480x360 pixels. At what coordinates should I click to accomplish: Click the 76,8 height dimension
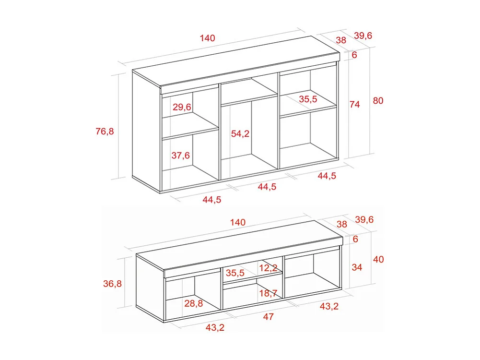pyautogui.click(x=105, y=131)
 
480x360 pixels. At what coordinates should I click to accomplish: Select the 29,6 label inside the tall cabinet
pyautogui.click(x=182, y=107)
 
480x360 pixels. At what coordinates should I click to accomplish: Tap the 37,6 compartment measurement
pyautogui.click(x=181, y=155)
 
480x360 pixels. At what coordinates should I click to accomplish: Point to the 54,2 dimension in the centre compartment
pyautogui.click(x=240, y=134)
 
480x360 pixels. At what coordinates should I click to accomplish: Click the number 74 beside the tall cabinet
pyautogui.click(x=354, y=104)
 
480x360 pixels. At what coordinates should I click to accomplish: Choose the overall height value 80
pyautogui.click(x=378, y=101)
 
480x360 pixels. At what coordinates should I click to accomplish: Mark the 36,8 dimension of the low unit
pyautogui.click(x=113, y=284)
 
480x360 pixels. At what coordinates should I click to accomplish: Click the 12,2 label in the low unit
pyautogui.click(x=269, y=268)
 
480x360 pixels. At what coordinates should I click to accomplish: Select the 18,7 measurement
pyautogui.click(x=269, y=293)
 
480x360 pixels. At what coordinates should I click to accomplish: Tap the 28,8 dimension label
pyautogui.click(x=193, y=303)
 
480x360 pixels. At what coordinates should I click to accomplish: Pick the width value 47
pyautogui.click(x=269, y=317)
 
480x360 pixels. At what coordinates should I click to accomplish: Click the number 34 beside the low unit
pyautogui.click(x=357, y=267)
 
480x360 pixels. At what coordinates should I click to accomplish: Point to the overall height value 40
pyautogui.click(x=378, y=260)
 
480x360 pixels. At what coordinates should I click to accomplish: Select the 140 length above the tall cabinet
pyautogui.click(x=207, y=38)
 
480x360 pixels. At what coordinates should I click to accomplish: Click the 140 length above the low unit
pyautogui.click(x=237, y=222)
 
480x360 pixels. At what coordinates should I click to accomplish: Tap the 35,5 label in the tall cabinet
pyautogui.click(x=308, y=99)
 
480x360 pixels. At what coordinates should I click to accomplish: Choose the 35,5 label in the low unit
pyautogui.click(x=235, y=273)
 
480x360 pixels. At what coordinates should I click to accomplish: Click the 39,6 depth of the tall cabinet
pyautogui.click(x=363, y=36)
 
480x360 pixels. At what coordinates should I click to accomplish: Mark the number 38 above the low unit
pyautogui.click(x=342, y=224)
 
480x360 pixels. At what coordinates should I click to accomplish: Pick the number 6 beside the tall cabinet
pyautogui.click(x=354, y=55)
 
